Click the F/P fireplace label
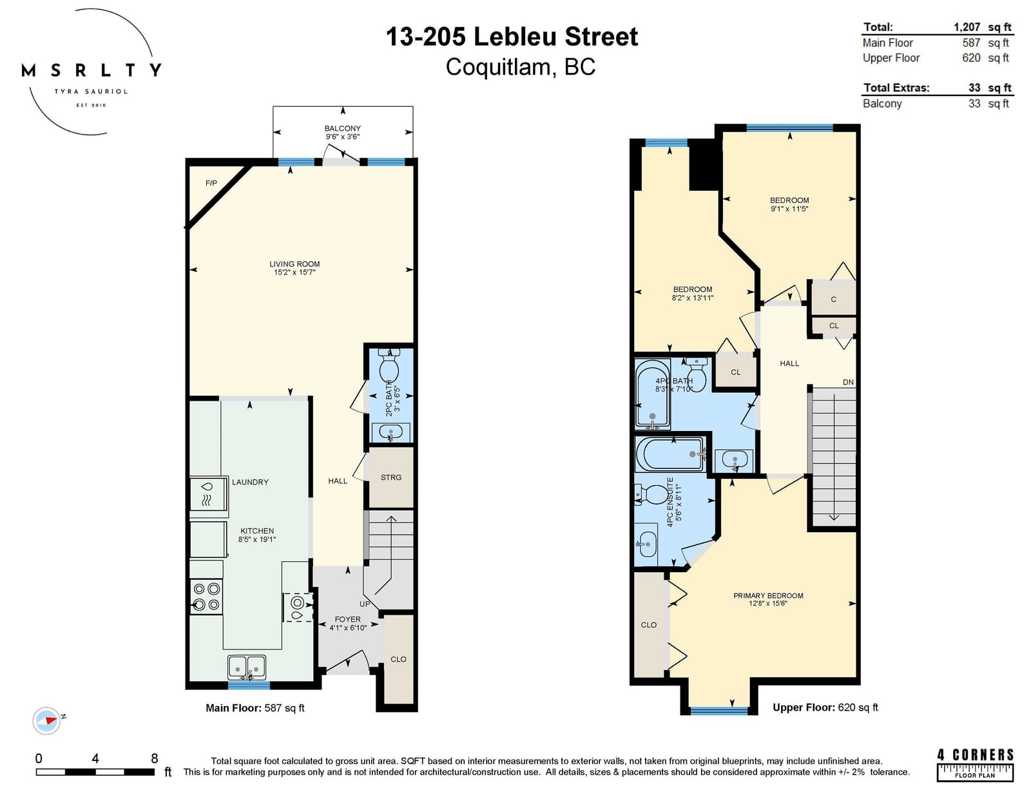[211, 183]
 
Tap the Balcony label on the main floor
[343, 128]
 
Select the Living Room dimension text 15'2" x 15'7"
[294, 273]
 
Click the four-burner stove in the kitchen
[206, 597]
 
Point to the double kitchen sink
[247, 667]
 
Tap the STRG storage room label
[391, 477]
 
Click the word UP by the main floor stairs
[365, 604]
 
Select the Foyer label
[348, 619]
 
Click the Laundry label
[250, 482]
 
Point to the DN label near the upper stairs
[848, 382]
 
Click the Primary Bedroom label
[768, 595]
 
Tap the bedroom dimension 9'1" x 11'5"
[789, 209]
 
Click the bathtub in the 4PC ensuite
[670, 454]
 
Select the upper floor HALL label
[789, 363]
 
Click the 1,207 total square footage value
[967, 27]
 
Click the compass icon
[46, 720]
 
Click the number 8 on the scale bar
[154, 758]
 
